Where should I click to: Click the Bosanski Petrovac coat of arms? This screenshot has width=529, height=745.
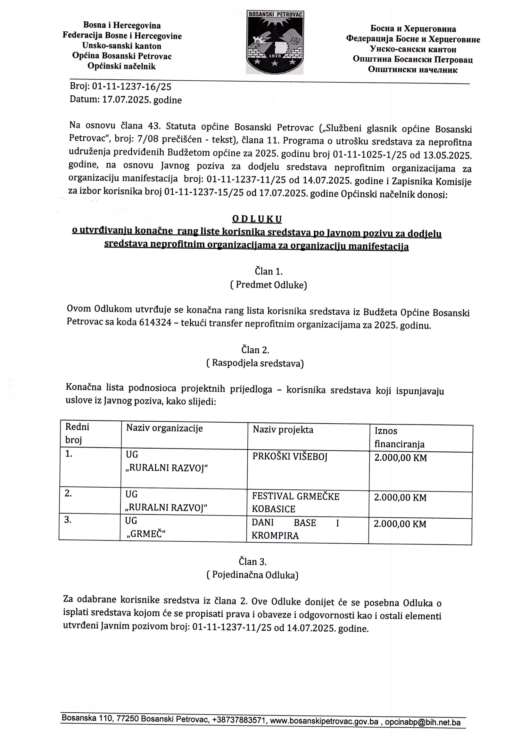pyautogui.click(x=275, y=42)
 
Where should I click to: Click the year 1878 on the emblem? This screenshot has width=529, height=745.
pyautogui.click(x=276, y=56)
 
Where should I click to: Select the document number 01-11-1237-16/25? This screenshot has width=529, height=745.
pyautogui.click(x=132, y=86)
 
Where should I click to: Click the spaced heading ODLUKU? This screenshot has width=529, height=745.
pyautogui.click(x=257, y=219)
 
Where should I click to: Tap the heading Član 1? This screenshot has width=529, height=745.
pyautogui.click(x=269, y=271)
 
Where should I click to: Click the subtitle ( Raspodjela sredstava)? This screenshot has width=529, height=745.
pyautogui.click(x=255, y=363)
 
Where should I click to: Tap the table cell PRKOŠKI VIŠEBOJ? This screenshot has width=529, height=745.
pyautogui.click(x=290, y=457)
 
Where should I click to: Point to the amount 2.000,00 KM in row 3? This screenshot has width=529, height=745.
pyautogui.click(x=400, y=524)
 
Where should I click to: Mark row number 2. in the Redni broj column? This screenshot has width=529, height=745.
pyautogui.click(x=68, y=493)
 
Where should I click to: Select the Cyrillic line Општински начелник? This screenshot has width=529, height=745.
pyautogui.click(x=412, y=70)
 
